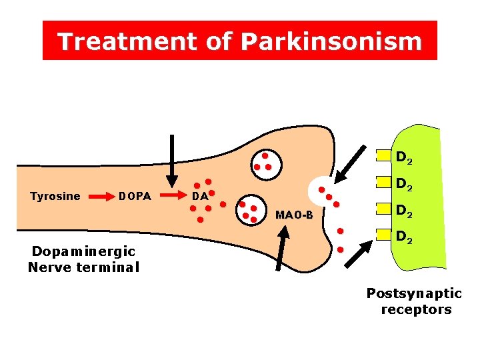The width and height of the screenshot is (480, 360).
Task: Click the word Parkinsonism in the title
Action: click(331, 41)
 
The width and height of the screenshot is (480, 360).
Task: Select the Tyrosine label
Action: click(55, 196)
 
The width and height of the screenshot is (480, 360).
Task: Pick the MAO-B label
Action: click(294, 215)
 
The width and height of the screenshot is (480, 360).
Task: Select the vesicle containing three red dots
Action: click(265, 160)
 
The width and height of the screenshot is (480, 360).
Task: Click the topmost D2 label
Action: click(404, 159)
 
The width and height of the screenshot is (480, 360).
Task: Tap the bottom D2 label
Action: click(404, 236)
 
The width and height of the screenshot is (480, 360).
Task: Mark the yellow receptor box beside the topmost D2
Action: click(383, 155)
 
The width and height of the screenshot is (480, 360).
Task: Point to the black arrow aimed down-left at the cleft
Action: click(349, 164)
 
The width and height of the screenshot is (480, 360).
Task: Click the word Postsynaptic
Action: click(414, 293)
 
